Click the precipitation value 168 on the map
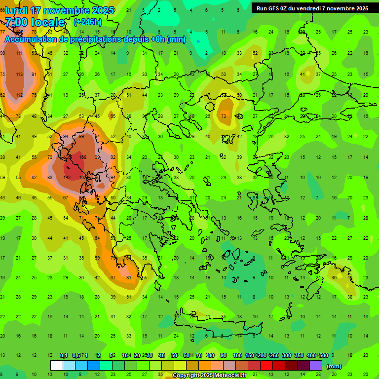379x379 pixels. (x=82, y=157)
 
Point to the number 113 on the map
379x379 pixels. (x=19, y=75)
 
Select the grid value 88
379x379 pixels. (x=50, y=177)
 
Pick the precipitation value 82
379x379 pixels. (x=34, y=177)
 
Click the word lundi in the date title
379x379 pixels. (x=16, y=10)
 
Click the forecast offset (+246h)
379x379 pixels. (x=88, y=22)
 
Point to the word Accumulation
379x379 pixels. (x=33, y=39)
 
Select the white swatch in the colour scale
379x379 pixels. (x=57, y=366)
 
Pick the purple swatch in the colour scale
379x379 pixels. (x=316, y=366)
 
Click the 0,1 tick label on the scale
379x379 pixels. (x=64, y=356)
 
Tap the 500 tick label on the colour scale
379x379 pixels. (x=324, y=356)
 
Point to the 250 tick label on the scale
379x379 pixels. (x=274, y=356)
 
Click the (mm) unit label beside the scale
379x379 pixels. (x=334, y=366)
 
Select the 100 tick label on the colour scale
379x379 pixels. (x=237, y=356)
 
